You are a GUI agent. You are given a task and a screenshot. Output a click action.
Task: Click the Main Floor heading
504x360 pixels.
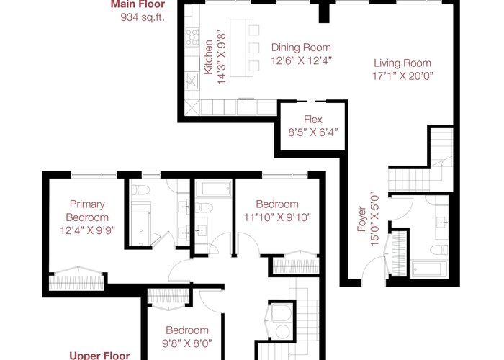point(138,4)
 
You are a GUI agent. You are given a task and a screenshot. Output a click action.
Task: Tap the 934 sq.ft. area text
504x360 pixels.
point(143,17)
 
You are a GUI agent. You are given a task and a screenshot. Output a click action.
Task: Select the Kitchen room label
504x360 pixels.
point(208,57)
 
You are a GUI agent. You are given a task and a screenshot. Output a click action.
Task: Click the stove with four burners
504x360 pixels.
point(192,37)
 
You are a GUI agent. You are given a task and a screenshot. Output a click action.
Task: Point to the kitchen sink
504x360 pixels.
point(192,80)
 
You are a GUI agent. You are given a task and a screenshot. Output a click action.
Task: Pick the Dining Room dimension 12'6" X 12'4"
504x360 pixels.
point(301,60)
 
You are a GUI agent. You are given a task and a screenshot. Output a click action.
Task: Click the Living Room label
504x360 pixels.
point(402,63)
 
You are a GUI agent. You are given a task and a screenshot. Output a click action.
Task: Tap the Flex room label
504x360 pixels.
point(313,120)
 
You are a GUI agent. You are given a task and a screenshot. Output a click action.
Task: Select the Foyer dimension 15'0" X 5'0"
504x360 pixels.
point(375,220)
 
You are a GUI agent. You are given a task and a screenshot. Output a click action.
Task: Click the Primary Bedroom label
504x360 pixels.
point(87,211)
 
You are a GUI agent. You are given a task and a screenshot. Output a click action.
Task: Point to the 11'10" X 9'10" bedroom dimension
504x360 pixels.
point(277,217)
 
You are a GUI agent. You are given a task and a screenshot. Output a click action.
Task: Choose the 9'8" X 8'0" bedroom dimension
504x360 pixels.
point(187,343)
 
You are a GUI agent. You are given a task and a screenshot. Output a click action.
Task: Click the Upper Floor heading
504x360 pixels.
point(99,356)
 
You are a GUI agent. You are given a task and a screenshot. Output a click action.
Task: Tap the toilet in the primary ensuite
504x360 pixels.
point(140,190)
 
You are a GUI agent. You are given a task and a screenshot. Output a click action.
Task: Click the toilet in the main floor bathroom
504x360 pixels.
point(439,249)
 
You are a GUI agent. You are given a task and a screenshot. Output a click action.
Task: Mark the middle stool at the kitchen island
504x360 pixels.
point(254,48)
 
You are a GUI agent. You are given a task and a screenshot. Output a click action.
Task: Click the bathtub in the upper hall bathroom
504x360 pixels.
point(213,189)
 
